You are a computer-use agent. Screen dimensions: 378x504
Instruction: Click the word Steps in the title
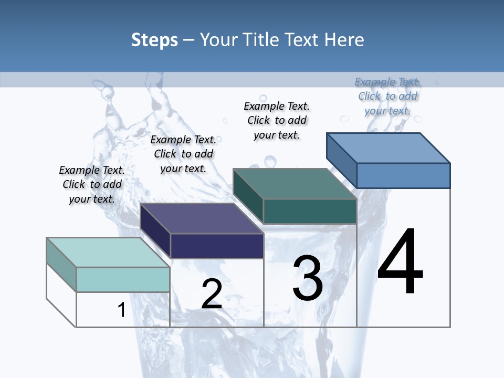154,40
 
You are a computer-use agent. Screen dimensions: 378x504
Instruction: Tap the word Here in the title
344,40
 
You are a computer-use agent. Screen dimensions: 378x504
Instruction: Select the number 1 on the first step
121,310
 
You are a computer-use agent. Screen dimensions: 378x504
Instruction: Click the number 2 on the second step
212,295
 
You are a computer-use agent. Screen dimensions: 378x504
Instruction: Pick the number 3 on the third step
308,279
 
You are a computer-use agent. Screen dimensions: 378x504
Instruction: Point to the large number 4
400,261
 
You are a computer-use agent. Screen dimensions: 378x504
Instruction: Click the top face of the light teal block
108,253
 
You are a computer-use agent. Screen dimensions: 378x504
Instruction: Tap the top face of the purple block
202,218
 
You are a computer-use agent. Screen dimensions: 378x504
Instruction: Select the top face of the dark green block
295,184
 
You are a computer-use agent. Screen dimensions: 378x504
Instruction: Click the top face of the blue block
388,148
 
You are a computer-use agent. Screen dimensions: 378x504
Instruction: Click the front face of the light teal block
123,279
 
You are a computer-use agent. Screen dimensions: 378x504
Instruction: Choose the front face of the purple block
217,246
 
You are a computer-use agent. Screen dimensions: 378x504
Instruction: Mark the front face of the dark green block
310,211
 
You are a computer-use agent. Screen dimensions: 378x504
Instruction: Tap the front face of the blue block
403,175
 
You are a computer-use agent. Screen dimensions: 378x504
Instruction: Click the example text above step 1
92,184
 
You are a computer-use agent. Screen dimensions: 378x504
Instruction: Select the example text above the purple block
183,154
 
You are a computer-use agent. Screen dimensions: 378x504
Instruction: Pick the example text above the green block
277,120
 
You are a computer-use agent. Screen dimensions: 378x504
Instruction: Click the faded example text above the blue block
387,96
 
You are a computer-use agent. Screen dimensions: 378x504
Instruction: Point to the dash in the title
189,40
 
